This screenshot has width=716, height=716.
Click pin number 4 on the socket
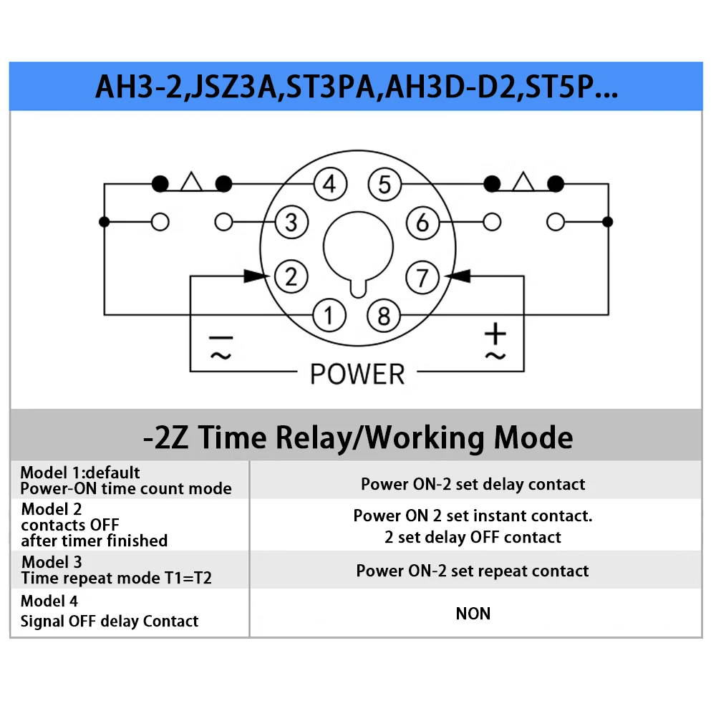point(330,184)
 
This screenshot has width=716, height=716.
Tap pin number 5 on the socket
point(385,185)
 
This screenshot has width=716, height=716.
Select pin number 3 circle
point(291,223)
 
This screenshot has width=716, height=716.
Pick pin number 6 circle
point(423,223)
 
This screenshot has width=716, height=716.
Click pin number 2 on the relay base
point(291,276)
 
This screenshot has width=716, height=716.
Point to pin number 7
point(423,278)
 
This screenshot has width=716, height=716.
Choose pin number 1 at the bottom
point(329,315)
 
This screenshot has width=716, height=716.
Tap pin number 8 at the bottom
point(384,316)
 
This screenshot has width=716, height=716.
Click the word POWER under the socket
point(357,374)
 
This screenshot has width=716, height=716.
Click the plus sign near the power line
point(495,334)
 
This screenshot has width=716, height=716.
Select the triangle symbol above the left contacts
point(191,181)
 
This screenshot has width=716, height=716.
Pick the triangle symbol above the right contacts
point(523,181)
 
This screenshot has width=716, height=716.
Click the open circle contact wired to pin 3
point(223,222)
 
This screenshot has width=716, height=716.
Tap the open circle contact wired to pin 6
point(492,222)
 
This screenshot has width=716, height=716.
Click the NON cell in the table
point(473,614)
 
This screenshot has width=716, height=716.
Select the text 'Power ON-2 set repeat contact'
point(473,571)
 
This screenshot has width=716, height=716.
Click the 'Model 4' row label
point(49,601)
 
